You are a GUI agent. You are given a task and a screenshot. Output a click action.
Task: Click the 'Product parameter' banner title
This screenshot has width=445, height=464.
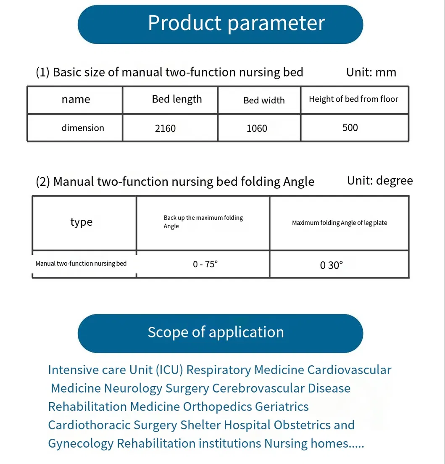click(236, 23)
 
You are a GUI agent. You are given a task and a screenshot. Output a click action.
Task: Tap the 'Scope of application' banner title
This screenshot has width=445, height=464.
click(216, 332)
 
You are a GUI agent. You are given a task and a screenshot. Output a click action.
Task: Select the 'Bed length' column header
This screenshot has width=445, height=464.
click(177, 99)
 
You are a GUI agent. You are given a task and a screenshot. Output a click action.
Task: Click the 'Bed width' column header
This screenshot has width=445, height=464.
click(264, 100)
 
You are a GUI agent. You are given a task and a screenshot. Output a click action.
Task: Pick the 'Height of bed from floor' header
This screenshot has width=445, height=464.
click(353, 99)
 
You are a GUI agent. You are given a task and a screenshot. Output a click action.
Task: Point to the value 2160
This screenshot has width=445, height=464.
click(165, 128)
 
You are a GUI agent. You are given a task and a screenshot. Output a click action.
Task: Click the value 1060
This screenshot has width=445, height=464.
click(257, 128)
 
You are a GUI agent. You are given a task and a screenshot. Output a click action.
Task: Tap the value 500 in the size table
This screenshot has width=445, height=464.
click(350, 127)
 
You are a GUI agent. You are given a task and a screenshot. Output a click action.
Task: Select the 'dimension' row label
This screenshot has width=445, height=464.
click(83, 128)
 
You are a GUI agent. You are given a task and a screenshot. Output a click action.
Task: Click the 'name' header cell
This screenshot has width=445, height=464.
click(76, 99)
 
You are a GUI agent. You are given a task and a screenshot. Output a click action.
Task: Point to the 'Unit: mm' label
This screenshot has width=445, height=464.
click(371, 72)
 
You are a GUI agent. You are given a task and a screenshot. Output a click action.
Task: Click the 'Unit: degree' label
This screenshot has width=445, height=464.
click(380, 181)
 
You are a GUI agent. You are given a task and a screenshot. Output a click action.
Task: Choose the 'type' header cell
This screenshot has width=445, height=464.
click(81, 222)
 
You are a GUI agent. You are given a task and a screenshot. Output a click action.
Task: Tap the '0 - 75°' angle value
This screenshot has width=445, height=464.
click(205, 264)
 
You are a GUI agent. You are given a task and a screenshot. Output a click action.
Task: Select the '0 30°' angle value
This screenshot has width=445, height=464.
click(332, 265)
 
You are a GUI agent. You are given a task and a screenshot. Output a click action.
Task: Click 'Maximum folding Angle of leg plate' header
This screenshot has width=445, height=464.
click(340, 223)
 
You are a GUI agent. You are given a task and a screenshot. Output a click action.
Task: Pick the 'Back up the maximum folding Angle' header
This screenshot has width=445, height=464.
click(203, 222)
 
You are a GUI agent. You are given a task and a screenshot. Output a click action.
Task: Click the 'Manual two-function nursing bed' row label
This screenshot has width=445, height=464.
click(81, 264)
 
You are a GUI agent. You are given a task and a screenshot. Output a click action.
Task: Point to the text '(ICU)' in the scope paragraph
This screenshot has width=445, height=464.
click(169, 370)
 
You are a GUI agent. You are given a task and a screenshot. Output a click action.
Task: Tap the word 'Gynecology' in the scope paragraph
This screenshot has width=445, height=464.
click(81, 443)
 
